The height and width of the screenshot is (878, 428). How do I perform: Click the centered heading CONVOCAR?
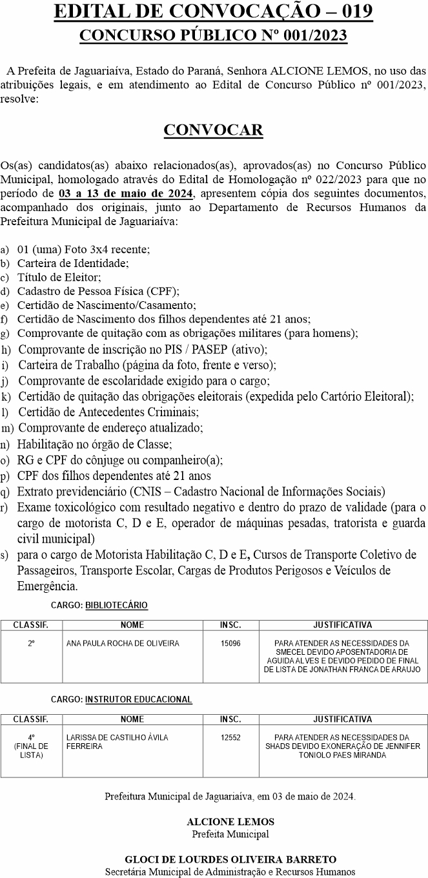pos(214,130)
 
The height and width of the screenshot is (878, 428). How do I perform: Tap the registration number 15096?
pos(230,643)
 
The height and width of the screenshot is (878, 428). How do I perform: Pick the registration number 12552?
pos(230,737)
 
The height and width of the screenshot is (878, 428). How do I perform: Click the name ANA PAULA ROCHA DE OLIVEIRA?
pos(123,643)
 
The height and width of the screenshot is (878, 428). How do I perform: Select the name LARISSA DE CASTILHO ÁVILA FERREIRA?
pos(117,742)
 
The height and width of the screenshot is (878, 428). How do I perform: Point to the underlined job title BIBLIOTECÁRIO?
pos(116,605)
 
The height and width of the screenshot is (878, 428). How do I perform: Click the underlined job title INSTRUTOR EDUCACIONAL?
pos(138,699)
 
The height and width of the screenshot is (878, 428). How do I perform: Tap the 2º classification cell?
pos(32,643)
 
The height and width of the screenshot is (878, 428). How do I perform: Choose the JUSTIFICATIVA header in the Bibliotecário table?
pos(342,625)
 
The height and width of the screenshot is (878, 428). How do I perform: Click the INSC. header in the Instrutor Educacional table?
pos(230,719)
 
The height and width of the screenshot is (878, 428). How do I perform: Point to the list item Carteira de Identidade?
pos(73,263)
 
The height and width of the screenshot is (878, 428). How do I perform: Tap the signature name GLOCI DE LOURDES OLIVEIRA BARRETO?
pos(230,859)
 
